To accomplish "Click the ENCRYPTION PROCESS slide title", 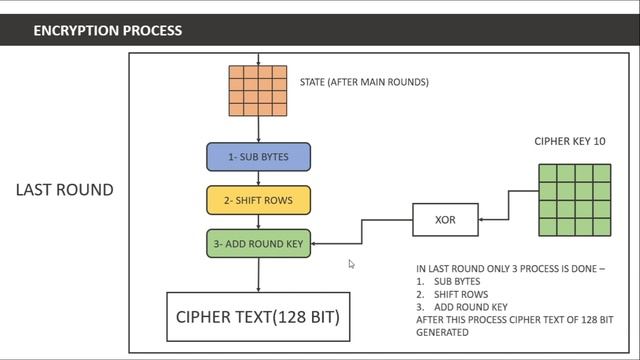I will pos(107,30).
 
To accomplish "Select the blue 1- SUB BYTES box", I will pos(258,157).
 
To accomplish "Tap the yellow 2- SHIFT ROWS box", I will pos(258,200).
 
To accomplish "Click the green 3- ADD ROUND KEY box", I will pos(258,243).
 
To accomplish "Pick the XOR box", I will pos(445,219).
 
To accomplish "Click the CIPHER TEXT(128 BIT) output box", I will pos(258,317).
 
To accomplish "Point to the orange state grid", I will pos(258,91).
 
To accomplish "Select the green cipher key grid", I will pos(574,199).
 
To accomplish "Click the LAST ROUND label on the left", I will pos(64,190).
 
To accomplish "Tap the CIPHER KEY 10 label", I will pos(569,142).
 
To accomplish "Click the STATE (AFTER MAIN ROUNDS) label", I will pos(364,82).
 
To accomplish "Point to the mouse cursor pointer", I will pos(351,264).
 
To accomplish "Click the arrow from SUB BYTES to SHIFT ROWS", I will pos(258,178).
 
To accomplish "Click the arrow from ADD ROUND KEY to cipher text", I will pos(258,274).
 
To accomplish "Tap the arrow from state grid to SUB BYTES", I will pos(258,130).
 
